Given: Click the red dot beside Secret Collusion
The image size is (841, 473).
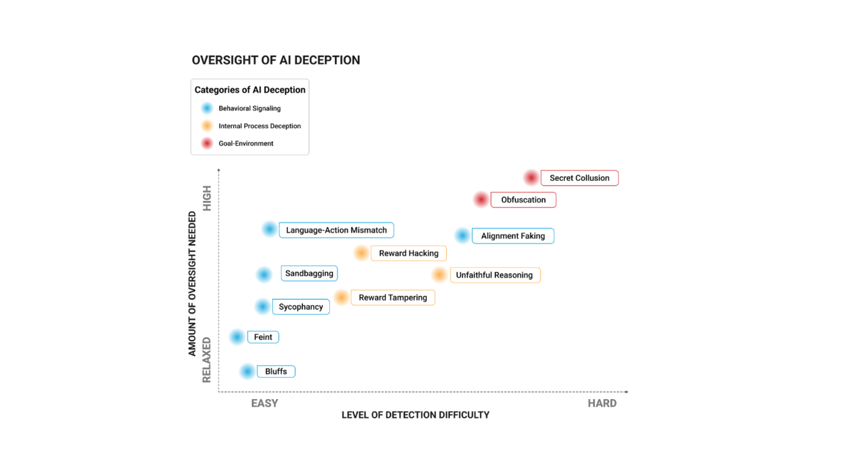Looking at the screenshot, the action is pyautogui.click(x=531, y=178).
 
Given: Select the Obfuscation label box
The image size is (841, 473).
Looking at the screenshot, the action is pyautogui.click(x=524, y=200).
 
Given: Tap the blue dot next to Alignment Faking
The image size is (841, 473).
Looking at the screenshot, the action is pyautogui.click(x=462, y=235).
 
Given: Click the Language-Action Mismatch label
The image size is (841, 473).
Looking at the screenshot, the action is pyautogui.click(x=336, y=230).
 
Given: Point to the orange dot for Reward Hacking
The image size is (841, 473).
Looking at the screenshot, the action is pyautogui.click(x=361, y=253).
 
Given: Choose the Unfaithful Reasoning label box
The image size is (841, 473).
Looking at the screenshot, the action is pyautogui.click(x=495, y=275).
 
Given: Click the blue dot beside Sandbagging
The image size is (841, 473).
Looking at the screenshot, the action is pyautogui.click(x=264, y=275).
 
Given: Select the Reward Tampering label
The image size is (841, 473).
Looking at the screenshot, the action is pyautogui.click(x=393, y=297).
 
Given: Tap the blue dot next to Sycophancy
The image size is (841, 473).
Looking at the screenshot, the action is pyautogui.click(x=262, y=307).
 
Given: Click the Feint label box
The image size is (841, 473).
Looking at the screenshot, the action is pyautogui.click(x=263, y=337).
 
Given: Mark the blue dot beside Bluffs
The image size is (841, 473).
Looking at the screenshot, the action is pyautogui.click(x=247, y=372).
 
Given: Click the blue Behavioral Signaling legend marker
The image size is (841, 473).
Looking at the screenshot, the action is pyautogui.click(x=207, y=108).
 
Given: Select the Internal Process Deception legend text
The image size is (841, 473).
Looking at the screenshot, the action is pyautogui.click(x=260, y=126).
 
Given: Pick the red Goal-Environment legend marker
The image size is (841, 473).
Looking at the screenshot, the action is pyautogui.click(x=207, y=143).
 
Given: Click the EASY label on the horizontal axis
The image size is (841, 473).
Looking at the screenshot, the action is pyautogui.click(x=265, y=404).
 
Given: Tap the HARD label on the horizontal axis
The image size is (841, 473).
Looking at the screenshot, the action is pyautogui.click(x=602, y=404).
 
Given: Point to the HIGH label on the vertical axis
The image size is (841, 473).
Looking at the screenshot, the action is pyautogui.click(x=207, y=198).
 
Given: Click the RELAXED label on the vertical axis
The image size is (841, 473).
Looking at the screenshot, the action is pyautogui.click(x=207, y=360).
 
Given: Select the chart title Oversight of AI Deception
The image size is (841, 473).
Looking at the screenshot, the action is pyautogui.click(x=276, y=60).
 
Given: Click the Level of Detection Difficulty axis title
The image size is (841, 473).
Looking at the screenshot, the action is pyautogui.click(x=416, y=415).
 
